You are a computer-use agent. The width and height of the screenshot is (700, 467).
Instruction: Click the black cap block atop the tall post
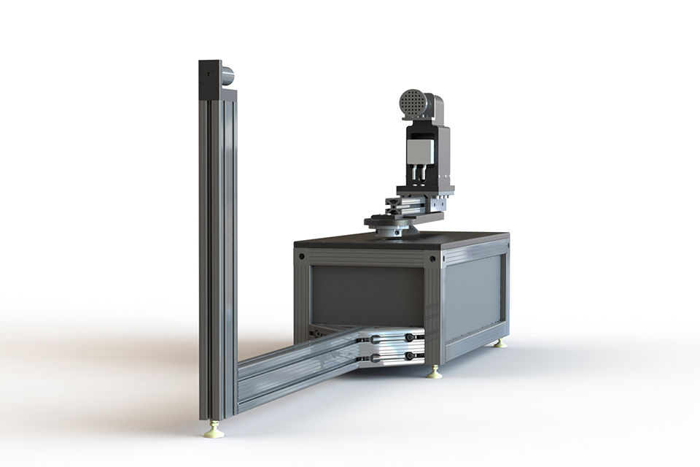coord(211,80)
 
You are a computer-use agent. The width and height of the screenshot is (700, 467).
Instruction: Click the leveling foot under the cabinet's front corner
coord(435,374)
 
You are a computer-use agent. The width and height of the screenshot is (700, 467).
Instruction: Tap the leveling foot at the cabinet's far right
coord(500,343)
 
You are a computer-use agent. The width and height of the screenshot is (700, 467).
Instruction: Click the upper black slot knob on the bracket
coord(410,337)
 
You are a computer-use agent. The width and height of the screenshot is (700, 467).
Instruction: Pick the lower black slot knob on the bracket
coord(410,356)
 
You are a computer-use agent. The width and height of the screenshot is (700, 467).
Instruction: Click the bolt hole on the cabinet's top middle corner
coord(433,258)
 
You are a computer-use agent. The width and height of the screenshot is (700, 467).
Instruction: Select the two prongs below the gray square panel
coord(419,174)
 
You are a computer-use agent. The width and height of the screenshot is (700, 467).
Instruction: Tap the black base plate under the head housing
coord(425,190)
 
